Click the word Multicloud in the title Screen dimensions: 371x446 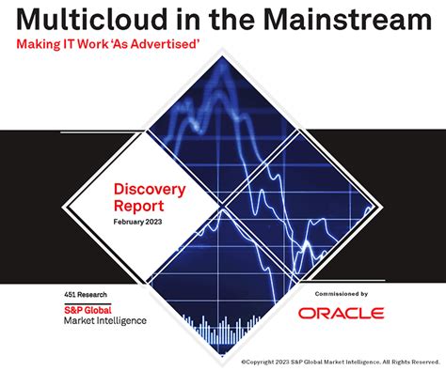[89, 21]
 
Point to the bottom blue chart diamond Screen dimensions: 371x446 [223, 282]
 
